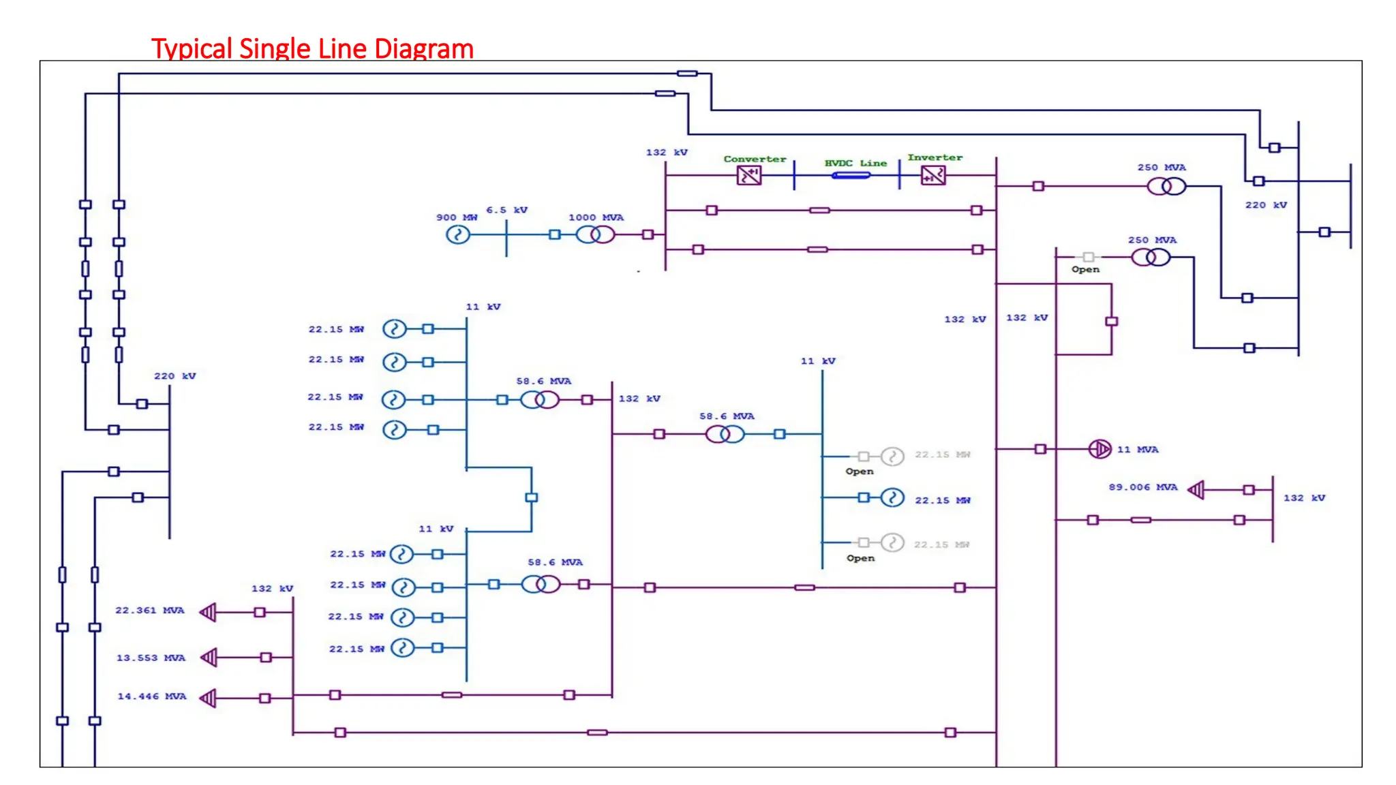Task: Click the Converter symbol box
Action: tap(748, 176)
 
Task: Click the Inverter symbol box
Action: tap(933, 176)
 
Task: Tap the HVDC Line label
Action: tap(855, 164)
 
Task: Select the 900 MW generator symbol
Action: tap(458, 235)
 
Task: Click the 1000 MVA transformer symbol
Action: tap(595, 235)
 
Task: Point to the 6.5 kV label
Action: tap(506, 210)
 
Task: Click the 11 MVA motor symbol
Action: tap(1099, 449)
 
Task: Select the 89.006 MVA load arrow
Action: tap(1197, 490)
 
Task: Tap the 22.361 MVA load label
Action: tap(150, 611)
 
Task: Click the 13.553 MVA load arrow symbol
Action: tap(209, 658)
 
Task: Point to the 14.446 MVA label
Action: tap(151, 696)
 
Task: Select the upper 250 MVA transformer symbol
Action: tap(1166, 186)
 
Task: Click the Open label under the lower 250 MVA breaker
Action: tap(1085, 270)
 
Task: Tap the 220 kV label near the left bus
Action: tap(174, 376)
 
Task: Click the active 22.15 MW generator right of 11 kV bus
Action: tap(892, 498)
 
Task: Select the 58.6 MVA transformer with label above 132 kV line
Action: tap(725, 434)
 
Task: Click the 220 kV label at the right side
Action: tap(1266, 205)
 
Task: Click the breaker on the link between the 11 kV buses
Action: tap(532, 497)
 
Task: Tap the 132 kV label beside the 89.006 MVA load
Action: tap(1304, 498)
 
